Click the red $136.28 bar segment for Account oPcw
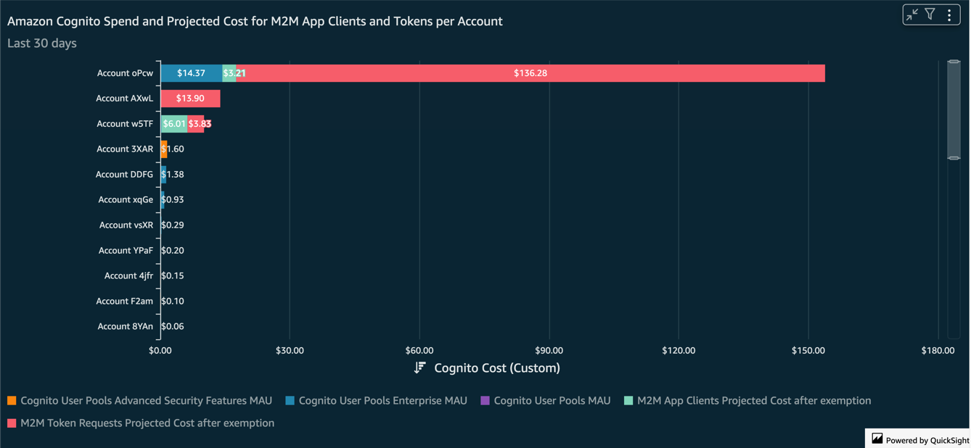[x=530, y=73]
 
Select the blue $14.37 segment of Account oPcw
[x=191, y=73]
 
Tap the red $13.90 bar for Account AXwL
[x=190, y=99]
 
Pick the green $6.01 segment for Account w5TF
[x=173, y=124]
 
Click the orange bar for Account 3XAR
[x=164, y=149]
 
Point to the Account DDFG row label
[x=124, y=175]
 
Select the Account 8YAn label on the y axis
[x=125, y=327]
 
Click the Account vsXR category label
[x=126, y=225]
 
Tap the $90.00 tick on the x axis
[x=549, y=351]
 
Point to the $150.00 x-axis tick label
[x=808, y=351]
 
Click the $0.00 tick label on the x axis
[x=160, y=351]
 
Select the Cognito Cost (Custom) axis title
[x=496, y=368]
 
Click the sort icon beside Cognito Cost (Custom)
[x=419, y=368]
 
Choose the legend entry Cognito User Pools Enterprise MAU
[x=382, y=401]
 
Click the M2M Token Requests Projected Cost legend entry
[x=147, y=423]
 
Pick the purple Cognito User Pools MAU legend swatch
[x=485, y=401]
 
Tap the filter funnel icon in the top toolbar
[x=930, y=14]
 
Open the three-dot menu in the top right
[x=949, y=14]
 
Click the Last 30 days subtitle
[x=42, y=43]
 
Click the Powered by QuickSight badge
[x=919, y=439]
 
